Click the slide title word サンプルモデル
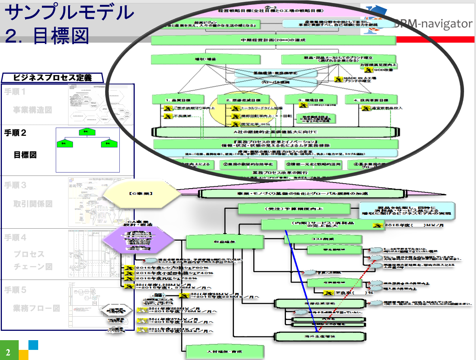coord(69,12)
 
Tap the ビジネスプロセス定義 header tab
coord(52,78)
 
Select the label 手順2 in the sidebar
coord(15,133)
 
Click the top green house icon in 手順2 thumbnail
coord(87,132)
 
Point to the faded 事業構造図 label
coord(33,110)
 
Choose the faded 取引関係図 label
coord(33,204)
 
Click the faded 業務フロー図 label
coord(36,308)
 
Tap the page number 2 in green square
coord(8,352)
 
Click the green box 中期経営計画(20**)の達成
coord(273,40)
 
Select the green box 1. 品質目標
coord(178,100)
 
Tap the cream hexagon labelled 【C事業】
coord(141,193)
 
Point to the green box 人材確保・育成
coord(225,352)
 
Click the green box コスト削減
coord(323,239)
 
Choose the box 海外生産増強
coord(320,336)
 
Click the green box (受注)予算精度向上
coord(294,209)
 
